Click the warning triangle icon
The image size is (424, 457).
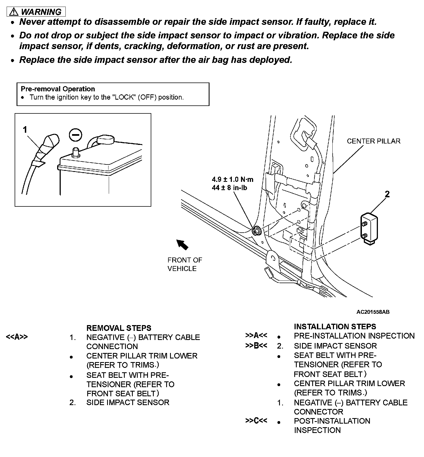click(x=14, y=12)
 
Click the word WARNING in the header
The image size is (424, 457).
click(x=41, y=12)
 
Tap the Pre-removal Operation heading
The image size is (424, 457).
click(x=58, y=89)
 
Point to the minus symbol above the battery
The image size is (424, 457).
click(x=75, y=135)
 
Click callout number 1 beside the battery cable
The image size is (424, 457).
click(x=25, y=129)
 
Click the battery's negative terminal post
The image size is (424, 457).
click(x=75, y=152)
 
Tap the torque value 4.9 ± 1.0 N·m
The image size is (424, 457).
click(x=232, y=179)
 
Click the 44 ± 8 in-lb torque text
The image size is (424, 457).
click(x=229, y=188)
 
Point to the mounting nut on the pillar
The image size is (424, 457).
click(x=256, y=231)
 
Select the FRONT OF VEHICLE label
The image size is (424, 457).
click(x=185, y=264)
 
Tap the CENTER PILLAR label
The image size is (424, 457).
click(x=373, y=141)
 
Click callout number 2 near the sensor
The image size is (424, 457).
click(x=387, y=194)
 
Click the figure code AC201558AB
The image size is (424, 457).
click(x=373, y=312)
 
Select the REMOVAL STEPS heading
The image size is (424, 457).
click(x=119, y=328)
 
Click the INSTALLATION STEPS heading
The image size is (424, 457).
click(x=335, y=327)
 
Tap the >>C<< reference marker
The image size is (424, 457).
click(x=256, y=421)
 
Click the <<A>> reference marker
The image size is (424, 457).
click(x=17, y=337)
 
